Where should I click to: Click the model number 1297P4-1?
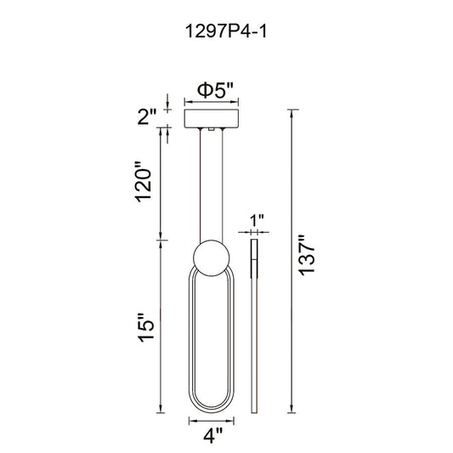[225, 31]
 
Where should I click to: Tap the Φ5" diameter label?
[215, 90]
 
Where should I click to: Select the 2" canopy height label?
[146, 116]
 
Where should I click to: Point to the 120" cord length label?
[144, 182]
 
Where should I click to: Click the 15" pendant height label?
[146, 327]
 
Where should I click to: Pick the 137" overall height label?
[306, 255]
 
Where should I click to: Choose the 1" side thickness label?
[257, 221]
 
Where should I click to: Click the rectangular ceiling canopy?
[211, 118]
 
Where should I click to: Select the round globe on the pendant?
[212, 258]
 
